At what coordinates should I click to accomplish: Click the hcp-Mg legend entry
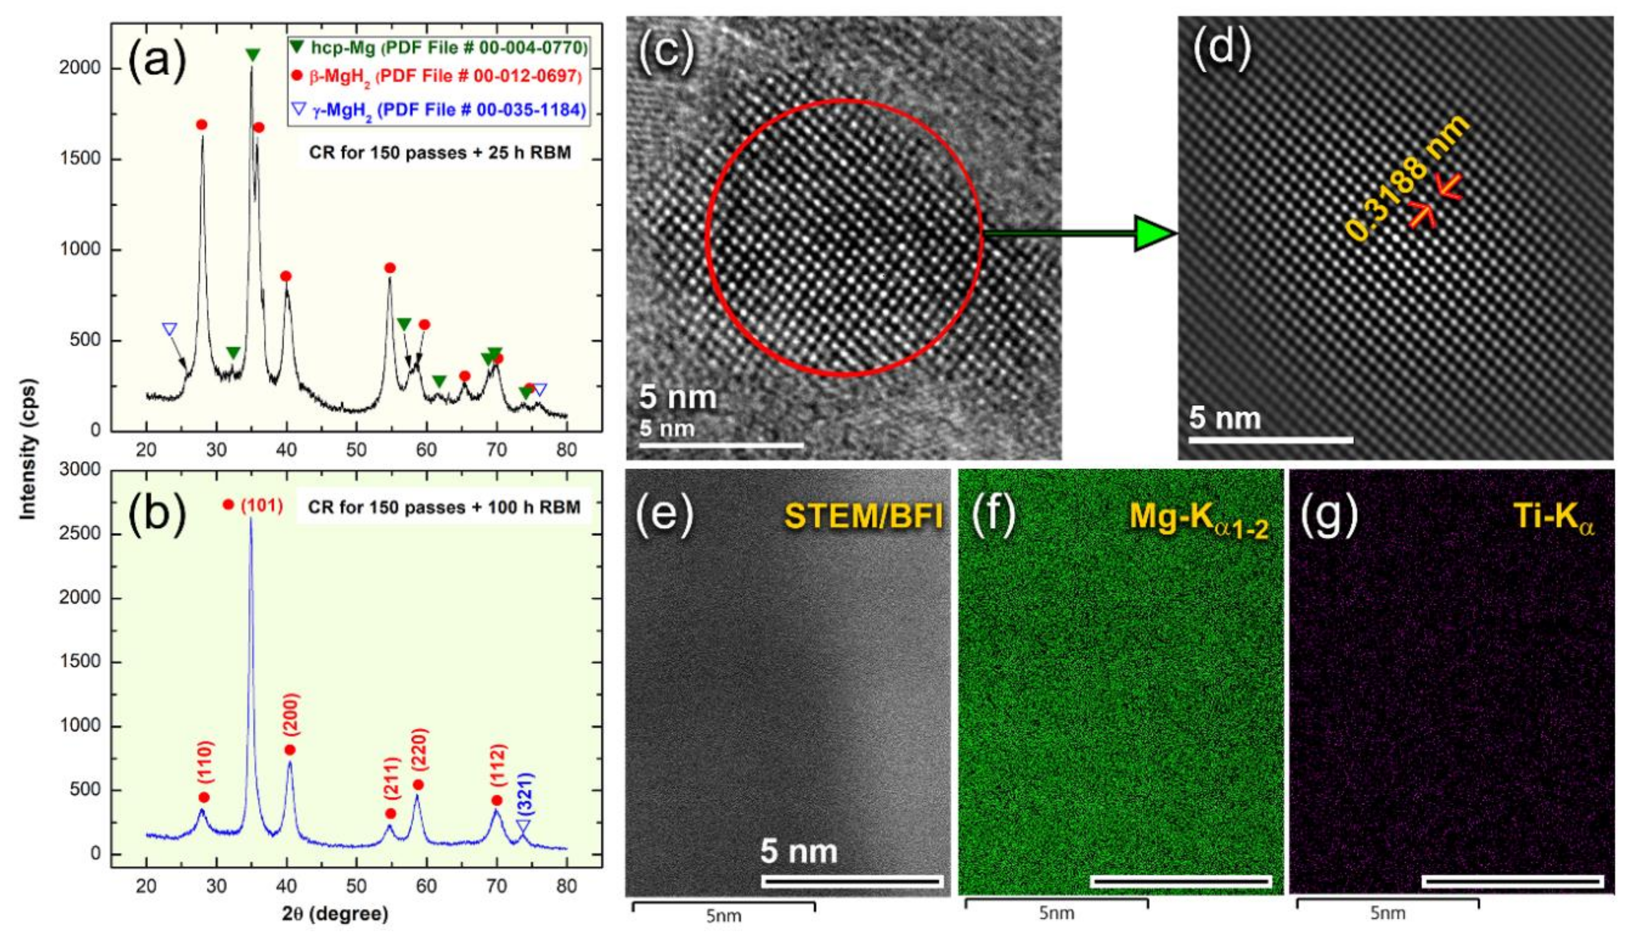[439, 48]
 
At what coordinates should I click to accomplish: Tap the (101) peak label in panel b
[261, 505]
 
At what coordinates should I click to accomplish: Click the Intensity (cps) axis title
[28, 449]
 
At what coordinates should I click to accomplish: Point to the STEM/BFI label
[863, 516]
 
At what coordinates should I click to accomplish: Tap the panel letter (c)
[667, 48]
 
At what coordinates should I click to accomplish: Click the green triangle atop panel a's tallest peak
[253, 55]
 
